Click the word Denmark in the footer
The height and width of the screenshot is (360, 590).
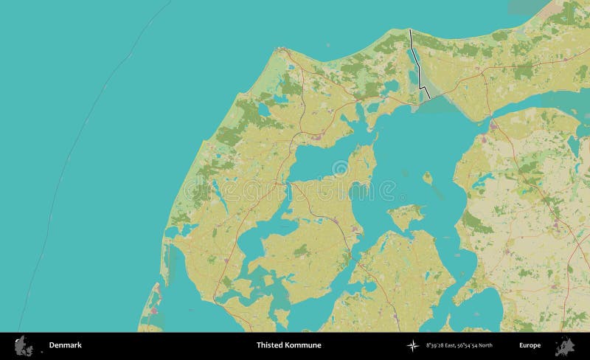click(x=65, y=345)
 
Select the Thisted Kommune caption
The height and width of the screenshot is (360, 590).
click(x=288, y=345)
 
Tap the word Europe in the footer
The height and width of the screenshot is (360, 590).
click(x=530, y=345)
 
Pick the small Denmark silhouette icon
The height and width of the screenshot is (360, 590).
click(x=24, y=345)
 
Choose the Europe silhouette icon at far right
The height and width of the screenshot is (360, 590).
click(x=565, y=345)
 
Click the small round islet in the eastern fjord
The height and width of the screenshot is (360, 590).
click(x=427, y=177)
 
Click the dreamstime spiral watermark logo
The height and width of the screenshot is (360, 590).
click(x=340, y=170)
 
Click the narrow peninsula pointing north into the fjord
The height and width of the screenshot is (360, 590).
click(x=361, y=162)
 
